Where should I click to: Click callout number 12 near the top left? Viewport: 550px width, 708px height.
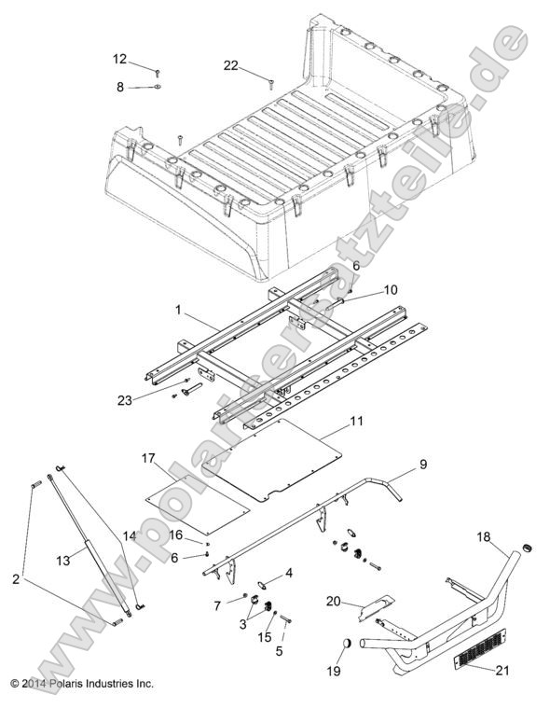tap(120, 59)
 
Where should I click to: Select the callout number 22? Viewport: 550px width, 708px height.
tap(230, 65)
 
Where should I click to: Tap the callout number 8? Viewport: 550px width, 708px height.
tap(120, 87)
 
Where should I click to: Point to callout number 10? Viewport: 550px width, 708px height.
tap(364, 289)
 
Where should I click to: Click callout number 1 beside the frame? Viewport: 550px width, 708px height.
tap(177, 306)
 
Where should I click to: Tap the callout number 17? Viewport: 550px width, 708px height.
tap(147, 458)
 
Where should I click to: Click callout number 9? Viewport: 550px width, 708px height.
tap(422, 464)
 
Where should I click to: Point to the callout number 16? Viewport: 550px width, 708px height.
tap(174, 534)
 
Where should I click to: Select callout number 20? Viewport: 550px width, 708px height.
tap(333, 601)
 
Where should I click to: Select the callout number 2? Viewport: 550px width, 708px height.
tap(17, 578)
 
